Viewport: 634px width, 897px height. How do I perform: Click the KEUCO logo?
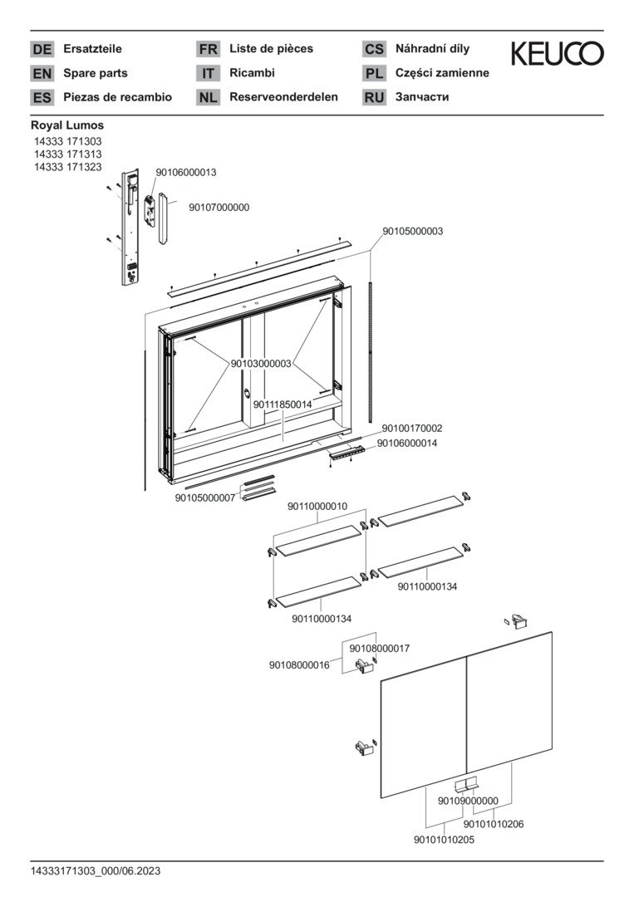(557, 55)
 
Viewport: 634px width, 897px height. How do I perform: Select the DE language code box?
(42, 50)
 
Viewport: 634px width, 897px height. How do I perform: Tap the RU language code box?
(374, 98)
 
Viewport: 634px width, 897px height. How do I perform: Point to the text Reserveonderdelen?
(283, 97)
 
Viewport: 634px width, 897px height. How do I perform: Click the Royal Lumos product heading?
(67, 125)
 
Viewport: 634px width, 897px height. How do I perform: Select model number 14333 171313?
(67, 154)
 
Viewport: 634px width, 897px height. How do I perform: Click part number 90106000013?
(186, 173)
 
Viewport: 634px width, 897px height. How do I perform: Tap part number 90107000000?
(219, 208)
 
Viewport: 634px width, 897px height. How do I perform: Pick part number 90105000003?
(412, 232)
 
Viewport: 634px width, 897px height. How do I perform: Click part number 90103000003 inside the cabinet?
(261, 364)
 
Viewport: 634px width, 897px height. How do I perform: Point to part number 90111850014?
(283, 404)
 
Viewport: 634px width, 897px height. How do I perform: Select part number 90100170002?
(412, 429)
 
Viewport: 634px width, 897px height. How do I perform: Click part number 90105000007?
(205, 498)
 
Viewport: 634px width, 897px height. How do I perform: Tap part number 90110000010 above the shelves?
(317, 507)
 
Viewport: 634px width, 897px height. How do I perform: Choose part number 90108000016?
(299, 665)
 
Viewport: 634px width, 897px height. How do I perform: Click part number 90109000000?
(468, 801)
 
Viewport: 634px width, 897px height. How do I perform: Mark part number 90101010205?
(444, 840)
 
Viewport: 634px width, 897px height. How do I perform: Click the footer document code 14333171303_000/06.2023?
(96, 870)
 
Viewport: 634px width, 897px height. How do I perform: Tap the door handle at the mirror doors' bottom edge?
(467, 784)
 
